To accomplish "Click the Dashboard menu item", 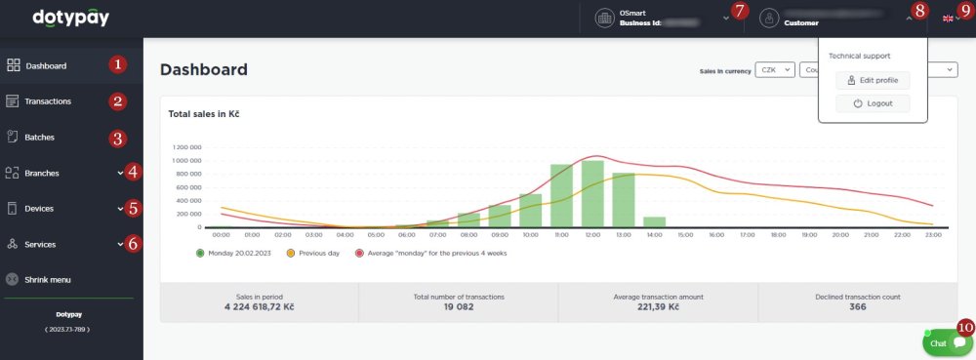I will pyautogui.click(x=46, y=66).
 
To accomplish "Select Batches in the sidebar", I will pyautogui.click(x=39, y=138).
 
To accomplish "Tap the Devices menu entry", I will pyautogui.click(x=39, y=209).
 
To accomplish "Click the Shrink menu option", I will pyautogui.click(x=48, y=280).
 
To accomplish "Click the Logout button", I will pyautogui.click(x=873, y=103).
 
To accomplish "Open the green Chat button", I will pyautogui.click(x=947, y=342).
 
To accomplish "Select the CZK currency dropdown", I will pyautogui.click(x=772, y=70).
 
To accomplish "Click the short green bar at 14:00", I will pyautogui.click(x=654, y=222).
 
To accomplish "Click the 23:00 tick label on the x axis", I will pyautogui.click(x=931, y=235).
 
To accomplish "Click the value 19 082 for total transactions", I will pyautogui.click(x=459, y=306).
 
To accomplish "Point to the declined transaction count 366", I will pyautogui.click(x=857, y=306).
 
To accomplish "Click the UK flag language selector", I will pyautogui.click(x=948, y=19).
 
